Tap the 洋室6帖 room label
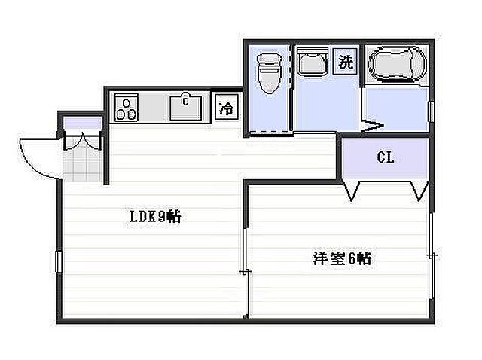click(341, 258)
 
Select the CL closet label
click(386, 158)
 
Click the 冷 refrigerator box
click(226, 108)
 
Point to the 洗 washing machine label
click(345, 62)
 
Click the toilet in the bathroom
click(268, 74)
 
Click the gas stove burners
click(127, 108)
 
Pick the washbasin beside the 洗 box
click(311, 63)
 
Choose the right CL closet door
click(415, 191)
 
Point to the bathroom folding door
click(372, 124)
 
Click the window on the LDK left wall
click(57, 267)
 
